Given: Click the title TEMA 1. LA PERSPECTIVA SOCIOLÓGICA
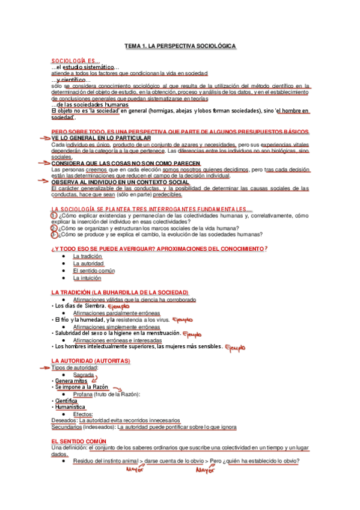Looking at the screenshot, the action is pyautogui.click(x=180, y=46).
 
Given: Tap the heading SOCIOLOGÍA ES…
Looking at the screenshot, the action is pyautogui.click(x=76, y=61).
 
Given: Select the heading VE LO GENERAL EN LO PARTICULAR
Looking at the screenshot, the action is pyautogui.click(x=101, y=138).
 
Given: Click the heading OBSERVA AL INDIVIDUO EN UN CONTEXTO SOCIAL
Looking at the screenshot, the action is pyautogui.click(x=120, y=182).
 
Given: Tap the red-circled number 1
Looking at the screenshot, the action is pyautogui.click(x=54, y=215).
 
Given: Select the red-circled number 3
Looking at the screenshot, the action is pyautogui.click(x=54, y=235).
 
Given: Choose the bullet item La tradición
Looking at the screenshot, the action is pyautogui.click(x=87, y=256).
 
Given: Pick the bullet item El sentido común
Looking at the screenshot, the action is pyautogui.click(x=93, y=271).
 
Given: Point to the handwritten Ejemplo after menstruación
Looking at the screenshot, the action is pyautogui.click(x=192, y=333).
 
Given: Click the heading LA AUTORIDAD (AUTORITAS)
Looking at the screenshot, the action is pyautogui.click(x=91, y=360).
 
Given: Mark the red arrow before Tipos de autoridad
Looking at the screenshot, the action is pyautogui.click(x=44, y=367).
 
